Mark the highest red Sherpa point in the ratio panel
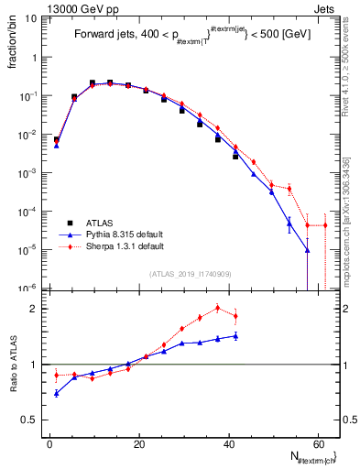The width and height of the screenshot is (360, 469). point(218,308)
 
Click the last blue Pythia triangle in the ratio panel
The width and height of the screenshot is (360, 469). point(235,336)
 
